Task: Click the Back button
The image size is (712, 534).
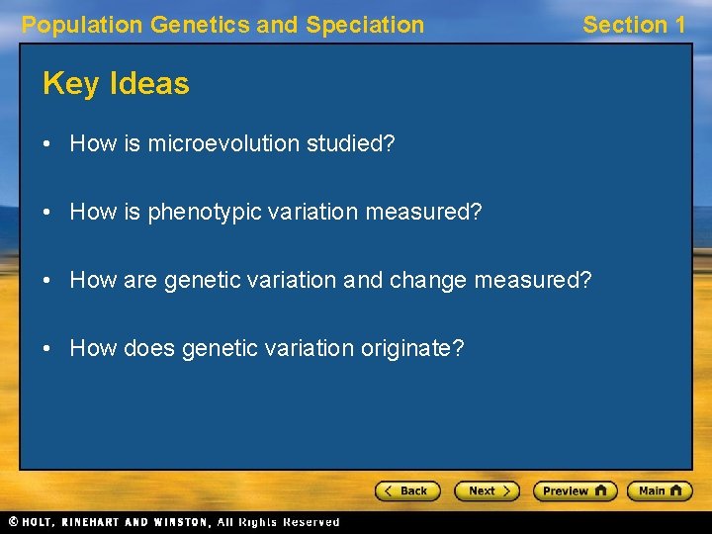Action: (x=406, y=491)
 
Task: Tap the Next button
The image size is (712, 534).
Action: (x=486, y=491)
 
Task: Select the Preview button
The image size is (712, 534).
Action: (x=575, y=491)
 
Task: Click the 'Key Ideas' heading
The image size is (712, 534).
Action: (x=116, y=84)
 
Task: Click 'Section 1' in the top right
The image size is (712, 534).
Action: (x=633, y=26)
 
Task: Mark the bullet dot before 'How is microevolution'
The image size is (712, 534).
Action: (x=47, y=144)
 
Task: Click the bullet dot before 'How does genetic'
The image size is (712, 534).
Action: (x=47, y=349)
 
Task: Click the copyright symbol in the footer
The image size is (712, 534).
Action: (x=13, y=522)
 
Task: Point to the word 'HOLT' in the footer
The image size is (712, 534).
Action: (x=39, y=522)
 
